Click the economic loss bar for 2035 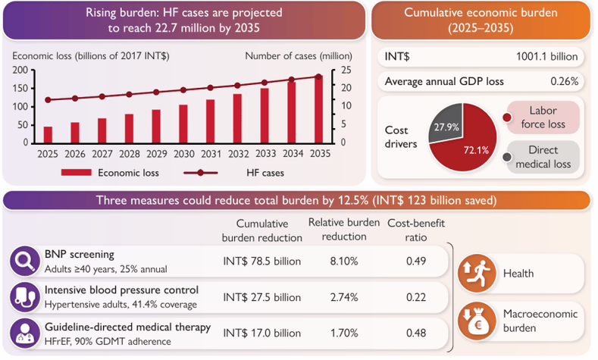pos(319,108)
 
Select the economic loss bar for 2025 pos(48,134)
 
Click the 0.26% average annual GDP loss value pos(563,81)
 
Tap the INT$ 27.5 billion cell pos(261,296)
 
